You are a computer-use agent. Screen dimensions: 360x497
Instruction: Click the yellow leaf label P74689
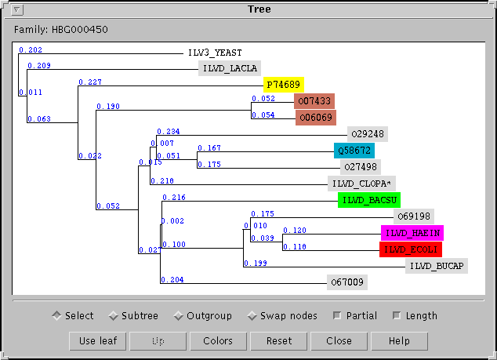282,84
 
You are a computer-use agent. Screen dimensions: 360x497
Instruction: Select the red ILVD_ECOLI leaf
410,249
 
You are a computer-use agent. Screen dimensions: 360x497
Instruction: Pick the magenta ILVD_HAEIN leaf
412,233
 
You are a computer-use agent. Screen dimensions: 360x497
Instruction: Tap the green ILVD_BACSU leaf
369,200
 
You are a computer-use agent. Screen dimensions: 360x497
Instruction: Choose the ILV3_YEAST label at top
215,53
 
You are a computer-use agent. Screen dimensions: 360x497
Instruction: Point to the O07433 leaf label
314,101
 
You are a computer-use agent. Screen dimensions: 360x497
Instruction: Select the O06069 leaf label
315,118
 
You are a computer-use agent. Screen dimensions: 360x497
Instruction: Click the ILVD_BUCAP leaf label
437,266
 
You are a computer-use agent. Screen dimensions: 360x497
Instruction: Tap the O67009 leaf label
346,282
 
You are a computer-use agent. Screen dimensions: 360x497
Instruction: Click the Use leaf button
97,341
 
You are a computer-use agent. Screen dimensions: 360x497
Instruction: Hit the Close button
339,341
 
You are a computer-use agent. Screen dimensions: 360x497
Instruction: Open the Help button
399,341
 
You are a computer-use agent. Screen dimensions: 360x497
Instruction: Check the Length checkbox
397,316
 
